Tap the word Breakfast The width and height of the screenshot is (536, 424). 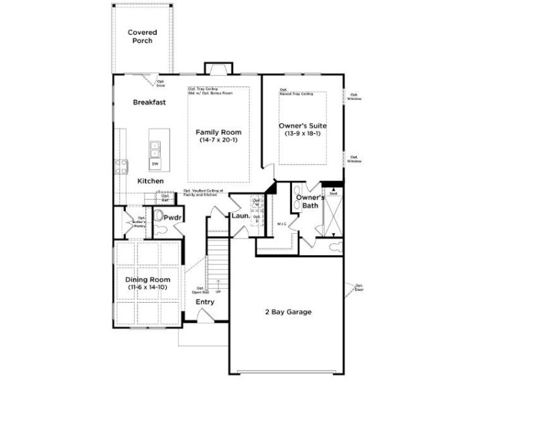(149, 102)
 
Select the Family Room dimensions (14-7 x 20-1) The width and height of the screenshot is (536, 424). (218, 140)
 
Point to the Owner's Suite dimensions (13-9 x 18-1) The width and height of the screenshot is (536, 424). (302, 134)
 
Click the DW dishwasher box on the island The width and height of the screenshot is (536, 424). (155, 163)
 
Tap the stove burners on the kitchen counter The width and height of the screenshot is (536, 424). (122, 165)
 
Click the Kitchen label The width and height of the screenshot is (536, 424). (151, 182)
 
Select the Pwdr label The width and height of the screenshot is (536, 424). (174, 218)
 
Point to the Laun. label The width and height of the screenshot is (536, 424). (241, 216)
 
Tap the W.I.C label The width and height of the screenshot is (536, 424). (281, 223)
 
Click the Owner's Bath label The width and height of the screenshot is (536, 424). (310, 202)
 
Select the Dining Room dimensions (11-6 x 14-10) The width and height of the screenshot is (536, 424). (147, 287)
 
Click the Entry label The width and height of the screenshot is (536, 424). (205, 302)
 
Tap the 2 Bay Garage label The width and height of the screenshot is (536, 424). (289, 311)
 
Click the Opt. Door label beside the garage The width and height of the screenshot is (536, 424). (359, 287)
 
